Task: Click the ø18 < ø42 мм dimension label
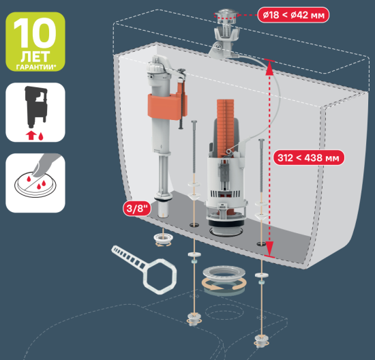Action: click(293, 15)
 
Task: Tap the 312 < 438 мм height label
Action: click(308, 158)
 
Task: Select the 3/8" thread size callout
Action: click(137, 209)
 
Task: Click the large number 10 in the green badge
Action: click(35, 33)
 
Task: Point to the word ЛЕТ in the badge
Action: click(35, 57)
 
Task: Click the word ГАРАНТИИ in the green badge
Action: click(35, 67)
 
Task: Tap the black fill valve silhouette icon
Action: click(36, 107)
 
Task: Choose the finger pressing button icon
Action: click(36, 178)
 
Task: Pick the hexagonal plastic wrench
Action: click(149, 271)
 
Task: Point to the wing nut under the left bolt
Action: click(194, 318)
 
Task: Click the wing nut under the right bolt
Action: click(261, 340)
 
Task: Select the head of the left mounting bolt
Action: click(194, 122)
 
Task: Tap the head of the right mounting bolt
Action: click(261, 140)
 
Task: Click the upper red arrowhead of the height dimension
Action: click(269, 67)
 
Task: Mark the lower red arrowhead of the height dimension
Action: click(269, 249)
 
